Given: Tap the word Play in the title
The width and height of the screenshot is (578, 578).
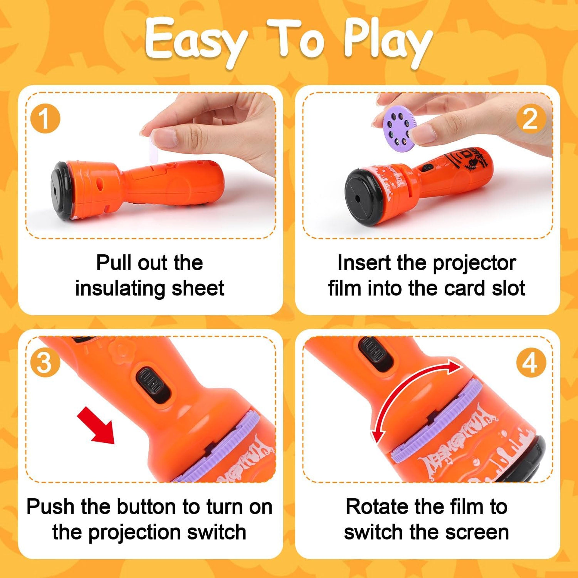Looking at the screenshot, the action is (388, 42).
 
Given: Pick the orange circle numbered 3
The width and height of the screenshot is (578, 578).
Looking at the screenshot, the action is (45, 363).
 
